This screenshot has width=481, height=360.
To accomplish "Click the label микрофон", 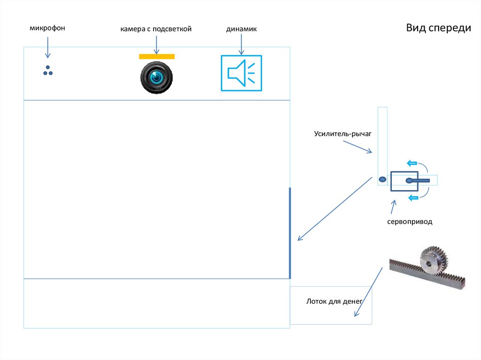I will pyautogui.click(x=47, y=29).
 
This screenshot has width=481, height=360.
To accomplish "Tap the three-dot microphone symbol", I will pyautogui.click(x=48, y=70).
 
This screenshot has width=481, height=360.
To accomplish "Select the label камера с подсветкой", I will pyautogui.click(x=155, y=29).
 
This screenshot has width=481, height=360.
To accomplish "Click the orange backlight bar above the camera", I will pyautogui.click(x=157, y=57).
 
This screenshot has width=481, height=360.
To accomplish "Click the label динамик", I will pyautogui.click(x=241, y=29).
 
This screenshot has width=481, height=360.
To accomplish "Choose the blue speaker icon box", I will pyautogui.click(x=241, y=73).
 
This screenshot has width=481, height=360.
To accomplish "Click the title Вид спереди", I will pyautogui.click(x=438, y=28).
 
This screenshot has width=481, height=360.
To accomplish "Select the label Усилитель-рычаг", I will pyautogui.click(x=343, y=134).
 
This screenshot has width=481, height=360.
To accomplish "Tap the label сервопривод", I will pyautogui.click(x=409, y=222).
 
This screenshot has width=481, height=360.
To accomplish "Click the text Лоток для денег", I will pyautogui.click(x=332, y=301).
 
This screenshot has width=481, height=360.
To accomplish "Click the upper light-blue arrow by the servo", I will pyautogui.click(x=412, y=163).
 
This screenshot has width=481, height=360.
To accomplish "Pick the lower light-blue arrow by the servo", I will pyautogui.click(x=412, y=198).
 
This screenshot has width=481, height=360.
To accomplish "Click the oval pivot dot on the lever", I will pyautogui.click(x=382, y=179).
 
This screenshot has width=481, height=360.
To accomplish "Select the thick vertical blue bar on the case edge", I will pyautogui.click(x=290, y=233).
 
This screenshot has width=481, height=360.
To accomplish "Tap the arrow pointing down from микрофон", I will pyautogui.click(x=47, y=48).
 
